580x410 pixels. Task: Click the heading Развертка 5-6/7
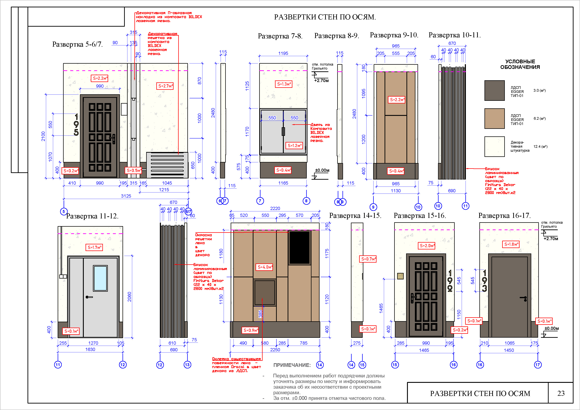[77, 45]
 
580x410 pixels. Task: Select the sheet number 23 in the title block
[561, 393]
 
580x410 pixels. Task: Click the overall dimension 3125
[126, 196]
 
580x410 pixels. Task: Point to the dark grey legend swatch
[494, 90]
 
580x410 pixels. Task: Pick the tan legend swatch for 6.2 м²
[494, 119]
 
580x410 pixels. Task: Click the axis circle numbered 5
[64, 211]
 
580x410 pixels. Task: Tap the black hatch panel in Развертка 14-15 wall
[299, 248]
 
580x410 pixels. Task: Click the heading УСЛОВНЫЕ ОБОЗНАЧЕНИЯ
[520, 64]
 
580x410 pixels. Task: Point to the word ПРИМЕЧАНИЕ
[292, 365]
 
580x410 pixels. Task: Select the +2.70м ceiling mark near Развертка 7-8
[321, 81]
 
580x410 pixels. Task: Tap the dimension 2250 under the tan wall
[275, 350]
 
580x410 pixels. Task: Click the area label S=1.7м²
[94, 248]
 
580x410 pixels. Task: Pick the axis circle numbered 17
[538, 365]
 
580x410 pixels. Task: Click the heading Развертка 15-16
[420, 216]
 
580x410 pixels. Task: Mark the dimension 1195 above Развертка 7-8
[283, 53]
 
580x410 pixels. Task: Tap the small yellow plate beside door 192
[400, 276]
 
